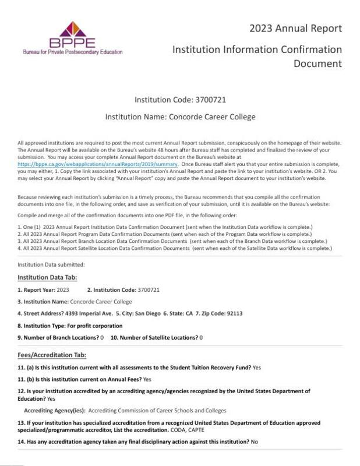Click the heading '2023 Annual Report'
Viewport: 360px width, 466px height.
click(x=295, y=28)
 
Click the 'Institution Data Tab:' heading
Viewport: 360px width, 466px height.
click(x=47, y=277)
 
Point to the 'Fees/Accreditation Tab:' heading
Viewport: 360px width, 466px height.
click(x=52, y=355)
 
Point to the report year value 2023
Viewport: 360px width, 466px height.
click(x=63, y=290)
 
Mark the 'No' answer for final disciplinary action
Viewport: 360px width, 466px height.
click(x=254, y=442)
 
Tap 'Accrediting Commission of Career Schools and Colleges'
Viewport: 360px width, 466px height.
click(x=157, y=411)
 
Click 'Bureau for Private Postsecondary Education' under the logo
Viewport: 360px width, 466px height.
click(x=72, y=52)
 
